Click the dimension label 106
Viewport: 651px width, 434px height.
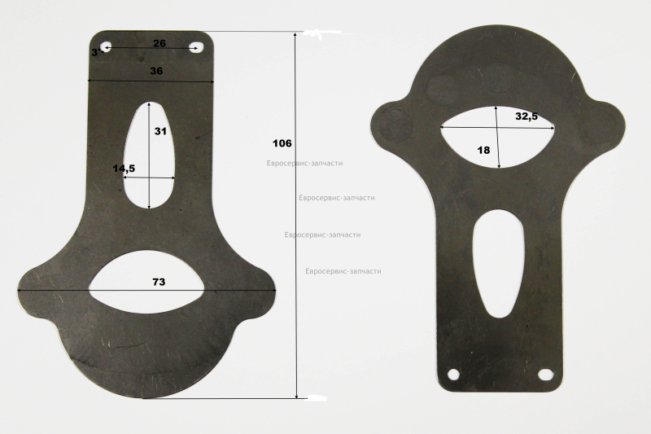[x=282, y=143]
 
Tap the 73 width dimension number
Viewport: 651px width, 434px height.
[x=159, y=282]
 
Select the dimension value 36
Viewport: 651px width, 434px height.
[x=156, y=71]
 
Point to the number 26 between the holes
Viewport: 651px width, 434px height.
[x=159, y=43]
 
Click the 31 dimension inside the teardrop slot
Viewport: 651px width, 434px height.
[x=160, y=131]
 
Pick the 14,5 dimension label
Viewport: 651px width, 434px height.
[x=124, y=169]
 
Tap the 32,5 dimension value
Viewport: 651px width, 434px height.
[x=526, y=116]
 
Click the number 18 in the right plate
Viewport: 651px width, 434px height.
[x=483, y=150]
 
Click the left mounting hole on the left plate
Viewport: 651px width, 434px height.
[x=107, y=47]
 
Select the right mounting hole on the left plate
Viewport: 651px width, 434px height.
[x=194, y=48]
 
